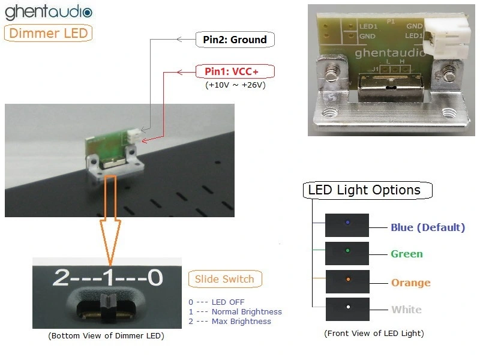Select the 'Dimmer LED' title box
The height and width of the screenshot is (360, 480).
pos(49,33)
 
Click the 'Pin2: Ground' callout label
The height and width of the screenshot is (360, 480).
pos(235,40)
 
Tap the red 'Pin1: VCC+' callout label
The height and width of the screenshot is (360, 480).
pos(235,71)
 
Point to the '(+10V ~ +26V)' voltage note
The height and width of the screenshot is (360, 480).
pos(235,85)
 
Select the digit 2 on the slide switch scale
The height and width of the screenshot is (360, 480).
pos(62,277)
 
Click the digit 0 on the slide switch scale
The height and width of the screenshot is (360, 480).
pos(154,277)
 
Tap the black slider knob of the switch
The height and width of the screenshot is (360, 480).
pos(110,306)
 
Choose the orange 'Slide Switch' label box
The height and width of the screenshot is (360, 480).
pos(224,279)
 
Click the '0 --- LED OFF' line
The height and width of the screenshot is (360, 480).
pos(217,302)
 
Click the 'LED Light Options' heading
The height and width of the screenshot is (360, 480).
pos(364,190)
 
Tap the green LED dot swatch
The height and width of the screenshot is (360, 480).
pos(347,251)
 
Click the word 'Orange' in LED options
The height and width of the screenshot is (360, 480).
pos(411,283)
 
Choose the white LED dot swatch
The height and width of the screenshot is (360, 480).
pos(347,308)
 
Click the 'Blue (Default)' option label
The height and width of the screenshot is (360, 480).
pos(428,227)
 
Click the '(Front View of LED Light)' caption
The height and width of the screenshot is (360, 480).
pos(374,333)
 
